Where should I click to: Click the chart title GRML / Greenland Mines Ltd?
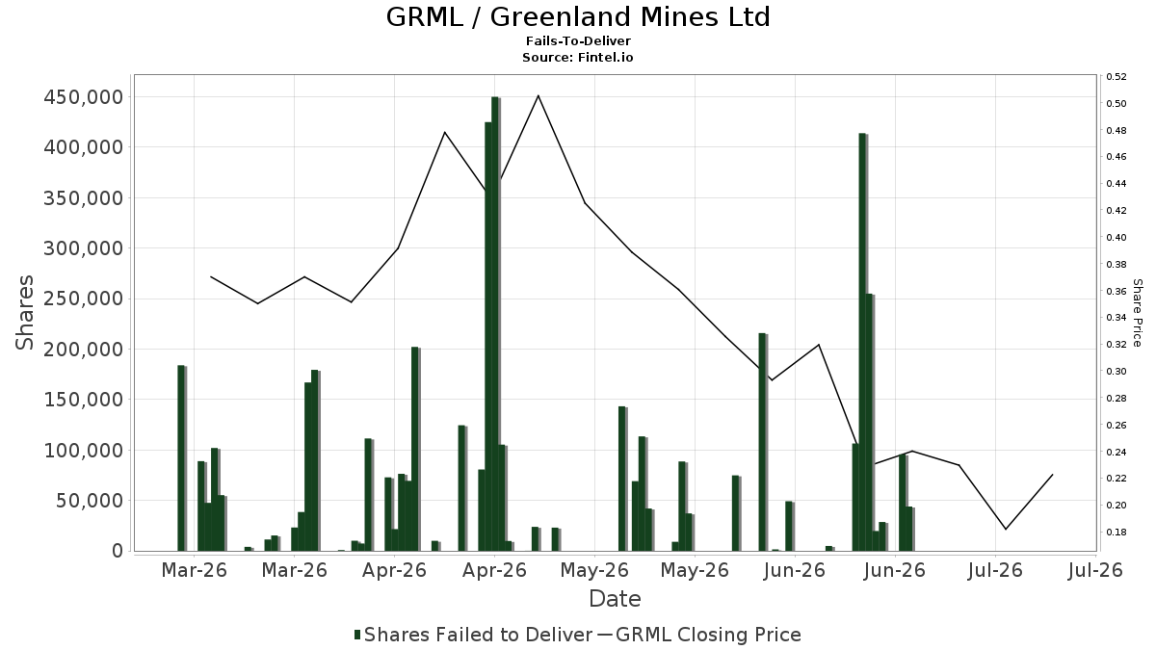[578, 17]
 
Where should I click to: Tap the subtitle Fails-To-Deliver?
[578, 40]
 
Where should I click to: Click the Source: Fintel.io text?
[577, 57]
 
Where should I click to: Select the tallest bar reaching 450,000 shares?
[495, 324]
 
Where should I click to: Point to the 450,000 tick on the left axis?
[84, 97]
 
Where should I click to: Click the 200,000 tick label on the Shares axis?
[84, 350]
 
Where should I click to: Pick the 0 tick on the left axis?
[118, 551]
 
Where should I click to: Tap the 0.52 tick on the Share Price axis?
[1116, 77]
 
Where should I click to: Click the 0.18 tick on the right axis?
[1116, 532]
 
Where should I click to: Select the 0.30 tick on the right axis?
[1116, 372]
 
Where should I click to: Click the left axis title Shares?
[24, 313]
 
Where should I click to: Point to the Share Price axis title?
[1137, 313]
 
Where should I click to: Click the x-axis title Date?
[615, 599]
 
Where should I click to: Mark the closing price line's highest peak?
[539, 95]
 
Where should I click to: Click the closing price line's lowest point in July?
[1006, 529]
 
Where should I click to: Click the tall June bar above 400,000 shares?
[863, 342]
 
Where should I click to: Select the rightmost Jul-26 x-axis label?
[1095, 570]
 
